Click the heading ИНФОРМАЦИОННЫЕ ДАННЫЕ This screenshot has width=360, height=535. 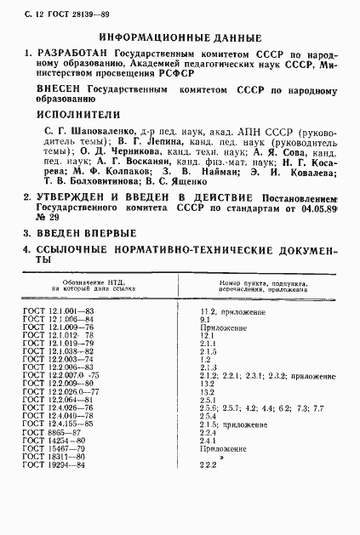180,37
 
